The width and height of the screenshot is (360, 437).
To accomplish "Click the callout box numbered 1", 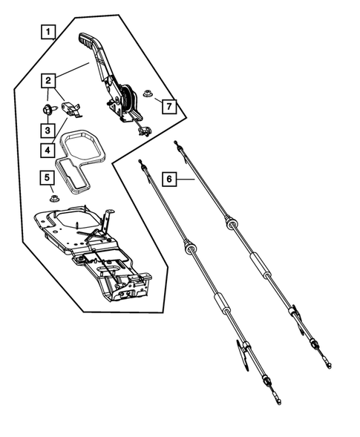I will tap(48, 32).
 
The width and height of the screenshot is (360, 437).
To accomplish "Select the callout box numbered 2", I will tap(48, 79).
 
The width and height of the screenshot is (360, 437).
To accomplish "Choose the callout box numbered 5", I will tap(48, 177).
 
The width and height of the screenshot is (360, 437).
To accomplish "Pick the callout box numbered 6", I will tap(170, 179).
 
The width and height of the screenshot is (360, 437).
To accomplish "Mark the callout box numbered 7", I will tap(169, 107).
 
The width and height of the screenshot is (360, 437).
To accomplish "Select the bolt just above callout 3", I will tap(48, 110).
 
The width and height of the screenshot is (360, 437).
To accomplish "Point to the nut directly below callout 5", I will tap(54, 197).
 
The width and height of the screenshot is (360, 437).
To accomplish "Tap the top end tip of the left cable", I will tap(140, 161).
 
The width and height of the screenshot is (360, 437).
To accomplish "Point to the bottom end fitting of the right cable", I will tap(327, 365).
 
